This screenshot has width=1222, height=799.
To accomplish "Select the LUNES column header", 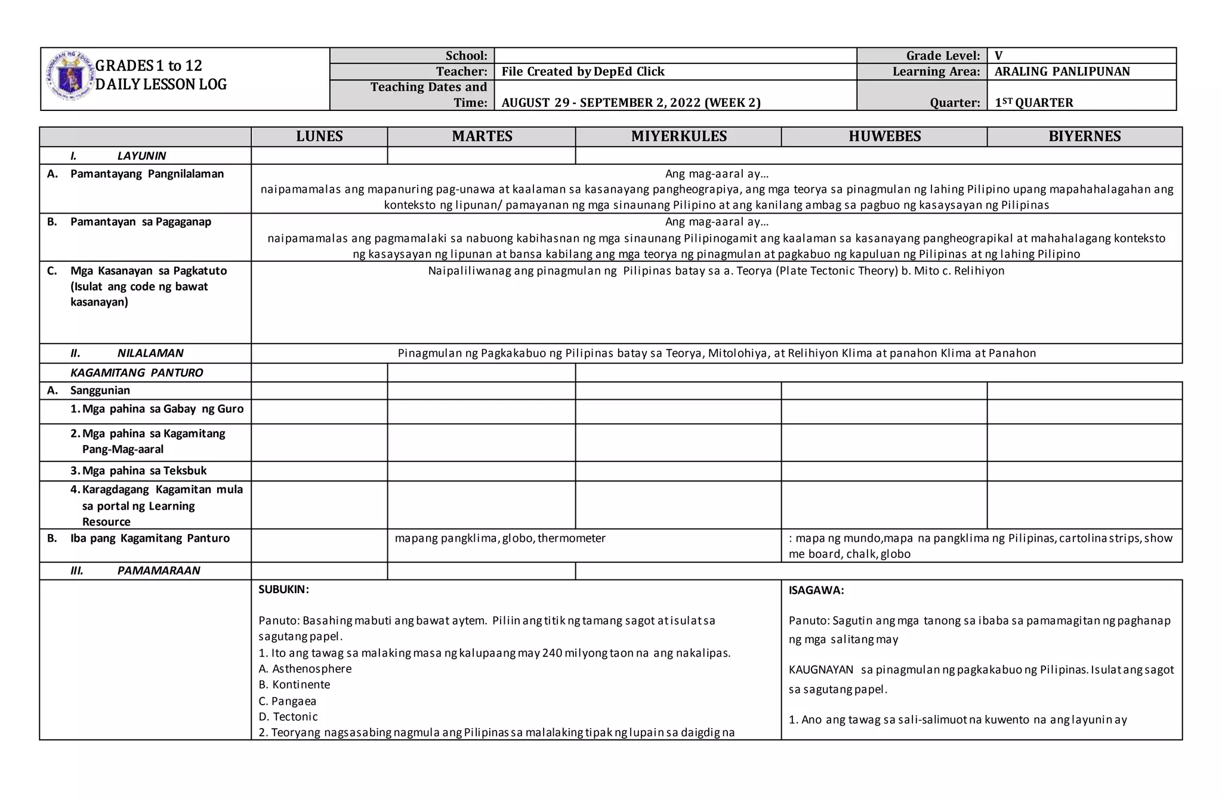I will click(319, 137).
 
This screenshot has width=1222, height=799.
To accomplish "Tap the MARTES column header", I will click(482, 137).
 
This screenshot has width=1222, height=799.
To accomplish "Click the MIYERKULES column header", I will click(678, 137).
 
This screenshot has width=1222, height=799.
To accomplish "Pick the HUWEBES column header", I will click(884, 137).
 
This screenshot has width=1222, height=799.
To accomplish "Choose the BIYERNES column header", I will click(1084, 137).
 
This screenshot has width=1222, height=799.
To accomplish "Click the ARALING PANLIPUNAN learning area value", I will click(1062, 72).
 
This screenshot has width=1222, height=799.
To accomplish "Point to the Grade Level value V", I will click(999, 56).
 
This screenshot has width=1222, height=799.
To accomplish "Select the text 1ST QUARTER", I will click(1033, 103).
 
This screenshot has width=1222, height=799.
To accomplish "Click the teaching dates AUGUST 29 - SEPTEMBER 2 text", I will click(631, 103).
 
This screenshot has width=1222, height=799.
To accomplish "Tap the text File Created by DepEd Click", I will click(582, 72).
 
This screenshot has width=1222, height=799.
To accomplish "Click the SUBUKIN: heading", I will click(283, 590).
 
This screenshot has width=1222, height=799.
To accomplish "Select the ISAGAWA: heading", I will click(816, 591).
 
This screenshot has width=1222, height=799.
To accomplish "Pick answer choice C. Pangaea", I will click(287, 701).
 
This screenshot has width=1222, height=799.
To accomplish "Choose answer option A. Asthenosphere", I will click(305, 669).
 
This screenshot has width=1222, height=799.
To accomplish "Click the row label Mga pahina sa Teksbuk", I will click(144, 471).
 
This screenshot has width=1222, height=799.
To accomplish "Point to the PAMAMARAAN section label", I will click(158, 570).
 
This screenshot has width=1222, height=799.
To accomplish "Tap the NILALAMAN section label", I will click(150, 353).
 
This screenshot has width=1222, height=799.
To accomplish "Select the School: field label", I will click(466, 56).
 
